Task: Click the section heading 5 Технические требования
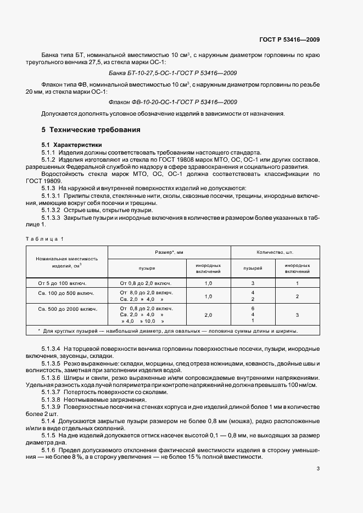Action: tap(91, 130)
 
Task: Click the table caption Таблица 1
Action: tap(46, 238)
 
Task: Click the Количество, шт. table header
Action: tap(275, 252)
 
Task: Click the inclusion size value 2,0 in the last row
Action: tap(208, 315)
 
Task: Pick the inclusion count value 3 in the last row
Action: tap(297, 315)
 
